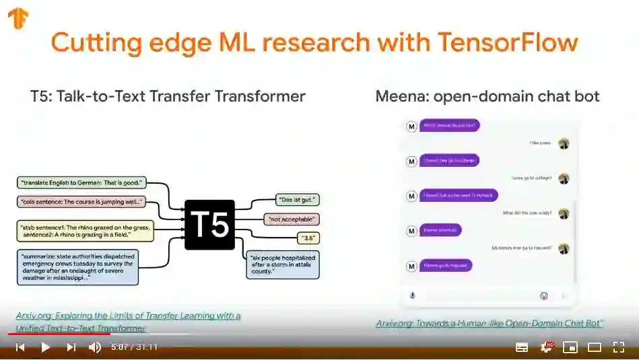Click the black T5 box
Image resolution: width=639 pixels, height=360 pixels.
tap(209, 224)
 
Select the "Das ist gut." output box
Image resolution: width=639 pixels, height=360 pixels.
tap(297, 200)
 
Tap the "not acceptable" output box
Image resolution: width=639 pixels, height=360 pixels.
tap(291, 219)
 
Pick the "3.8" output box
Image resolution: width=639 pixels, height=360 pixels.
tap(308, 238)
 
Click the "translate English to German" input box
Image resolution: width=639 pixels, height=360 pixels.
tap(81, 182)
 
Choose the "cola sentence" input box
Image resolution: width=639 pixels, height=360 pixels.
tap(81, 201)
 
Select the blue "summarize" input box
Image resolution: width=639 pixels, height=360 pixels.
tap(78, 266)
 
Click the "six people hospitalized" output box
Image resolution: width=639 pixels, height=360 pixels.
tap(281, 265)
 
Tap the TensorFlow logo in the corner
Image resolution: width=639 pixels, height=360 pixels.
tap(18, 18)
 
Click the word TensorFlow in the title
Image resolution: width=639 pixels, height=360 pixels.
tap(508, 42)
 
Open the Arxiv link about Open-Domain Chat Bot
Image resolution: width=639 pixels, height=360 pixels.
tap(490, 324)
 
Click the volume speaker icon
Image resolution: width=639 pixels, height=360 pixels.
tap(95, 347)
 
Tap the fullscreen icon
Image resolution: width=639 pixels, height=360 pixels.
tap(619, 347)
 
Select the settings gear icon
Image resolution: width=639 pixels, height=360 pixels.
tap(546, 347)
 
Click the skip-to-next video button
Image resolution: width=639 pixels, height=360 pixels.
tap(71, 347)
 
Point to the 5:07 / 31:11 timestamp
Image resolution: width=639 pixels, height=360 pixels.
tap(135, 347)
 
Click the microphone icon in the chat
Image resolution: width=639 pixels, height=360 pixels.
tap(413, 295)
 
